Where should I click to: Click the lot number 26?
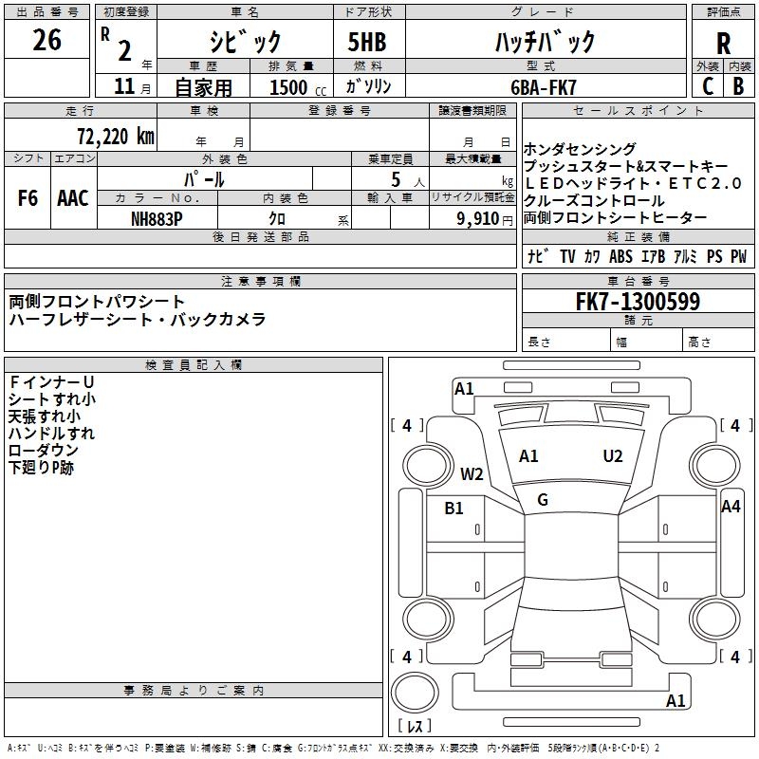tap(46, 41)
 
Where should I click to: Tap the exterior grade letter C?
tap(707, 86)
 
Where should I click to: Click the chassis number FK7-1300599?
tap(639, 303)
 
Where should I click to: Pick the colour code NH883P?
tap(157, 218)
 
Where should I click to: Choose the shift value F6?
tap(28, 198)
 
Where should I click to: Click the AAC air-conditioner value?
tap(73, 198)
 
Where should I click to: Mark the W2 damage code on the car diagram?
tap(472, 474)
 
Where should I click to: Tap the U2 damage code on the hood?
tap(613, 456)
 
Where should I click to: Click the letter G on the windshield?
tap(543, 500)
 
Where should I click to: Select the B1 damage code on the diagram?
tap(454, 509)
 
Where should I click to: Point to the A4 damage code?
tap(730, 507)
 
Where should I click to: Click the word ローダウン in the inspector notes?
tap(44, 451)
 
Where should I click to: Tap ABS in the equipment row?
tap(620, 256)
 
